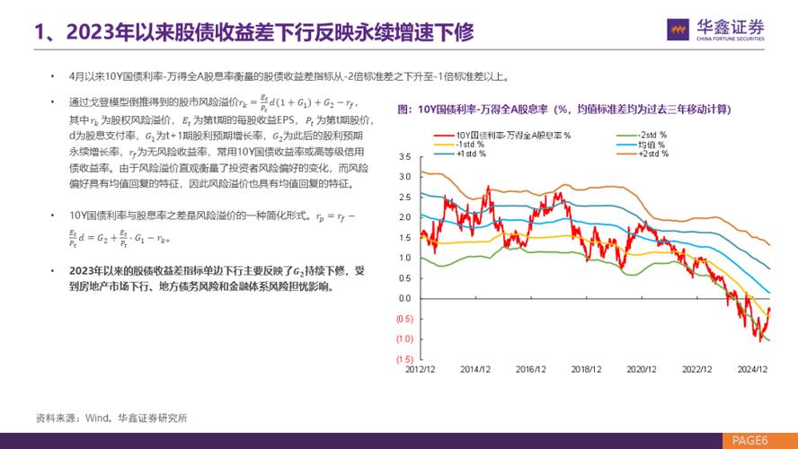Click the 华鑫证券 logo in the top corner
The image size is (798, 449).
click(716, 30)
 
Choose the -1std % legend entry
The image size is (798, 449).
click(471, 144)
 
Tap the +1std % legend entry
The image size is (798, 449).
click(472, 153)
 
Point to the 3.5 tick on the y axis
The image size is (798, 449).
click(403, 156)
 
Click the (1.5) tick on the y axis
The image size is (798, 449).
click(402, 359)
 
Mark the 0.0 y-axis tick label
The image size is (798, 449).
click(403, 298)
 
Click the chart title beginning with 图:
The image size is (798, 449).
click(563, 110)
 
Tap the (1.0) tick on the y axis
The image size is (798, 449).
click(402, 339)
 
